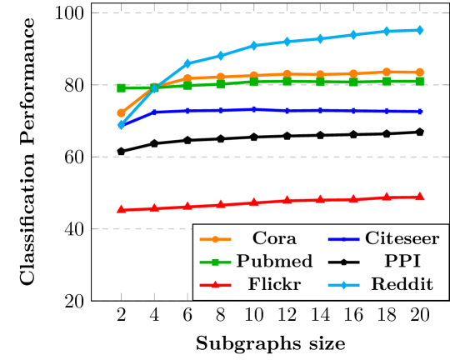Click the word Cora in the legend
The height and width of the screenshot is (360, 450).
pyautogui.click(x=274, y=237)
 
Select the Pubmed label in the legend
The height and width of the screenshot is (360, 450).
pyautogui.click(x=274, y=261)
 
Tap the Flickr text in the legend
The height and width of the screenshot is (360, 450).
pyautogui.click(x=274, y=285)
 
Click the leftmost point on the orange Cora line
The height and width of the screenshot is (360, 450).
pyautogui.click(x=121, y=112)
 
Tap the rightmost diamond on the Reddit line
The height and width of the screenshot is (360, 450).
pyautogui.click(x=419, y=30)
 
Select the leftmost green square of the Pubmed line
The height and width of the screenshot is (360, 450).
pyautogui.click(x=121, y=87)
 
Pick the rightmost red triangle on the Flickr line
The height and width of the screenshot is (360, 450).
pyautogui.click(x=419, y=196)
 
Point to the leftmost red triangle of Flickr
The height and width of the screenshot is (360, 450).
pyautogui.click(x=121, y=209)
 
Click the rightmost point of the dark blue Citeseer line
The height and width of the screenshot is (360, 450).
pyautogui.click(x=419, y=111)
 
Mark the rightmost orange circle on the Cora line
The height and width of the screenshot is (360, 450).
pyautogui.click(x=419, y=72)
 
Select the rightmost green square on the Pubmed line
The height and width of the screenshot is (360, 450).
pyautogui.click(x=419, y=81)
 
